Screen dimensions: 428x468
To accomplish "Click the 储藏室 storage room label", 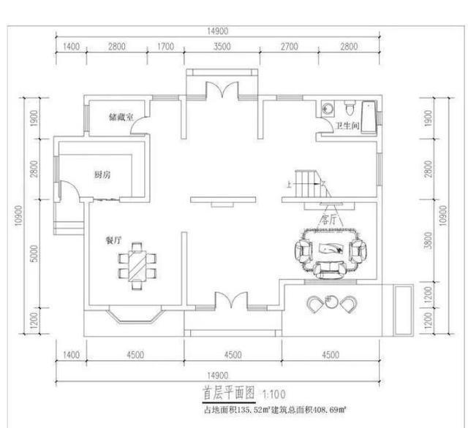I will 121,117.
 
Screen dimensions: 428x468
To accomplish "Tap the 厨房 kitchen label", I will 102,175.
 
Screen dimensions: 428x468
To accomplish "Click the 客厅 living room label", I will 329,218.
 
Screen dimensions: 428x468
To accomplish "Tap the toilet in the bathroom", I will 350,110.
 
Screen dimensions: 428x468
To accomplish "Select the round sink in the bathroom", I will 328,110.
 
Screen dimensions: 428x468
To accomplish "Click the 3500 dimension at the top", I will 222,46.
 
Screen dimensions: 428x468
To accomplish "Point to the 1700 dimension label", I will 165,46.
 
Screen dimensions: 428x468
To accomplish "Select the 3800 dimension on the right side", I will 427,240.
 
